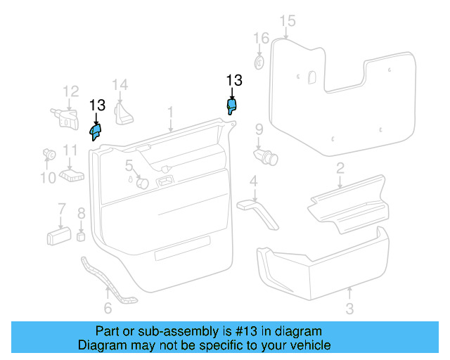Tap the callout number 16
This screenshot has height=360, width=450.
pos(261,37)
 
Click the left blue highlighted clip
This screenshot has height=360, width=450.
pos(96,131)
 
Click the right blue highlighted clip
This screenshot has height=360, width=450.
pos(232,105)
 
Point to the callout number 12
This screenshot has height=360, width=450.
pos(70,91)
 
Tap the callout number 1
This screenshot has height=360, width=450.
pos(169,112)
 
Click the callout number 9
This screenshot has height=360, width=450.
pos(259,129)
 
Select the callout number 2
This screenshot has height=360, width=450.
pos(340,167)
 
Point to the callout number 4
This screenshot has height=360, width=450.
pos(253,184)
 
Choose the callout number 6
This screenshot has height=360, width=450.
pos(108,308)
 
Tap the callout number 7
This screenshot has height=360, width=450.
pos(61,208)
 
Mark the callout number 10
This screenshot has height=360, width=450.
pos(47,178)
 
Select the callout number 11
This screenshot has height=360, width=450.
pos(70,150)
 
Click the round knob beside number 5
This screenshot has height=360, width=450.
pos(141,183)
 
